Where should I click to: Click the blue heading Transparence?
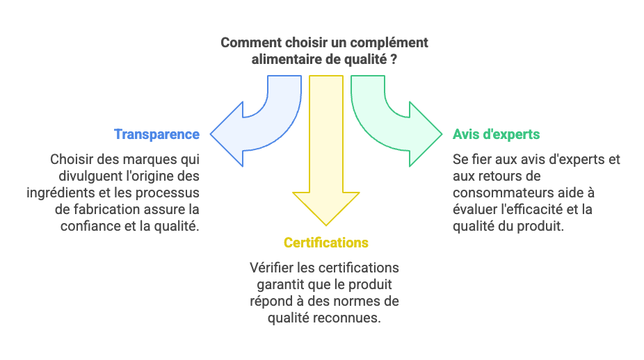[x=157, y=134]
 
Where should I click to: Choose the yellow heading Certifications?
[x=326, y=243]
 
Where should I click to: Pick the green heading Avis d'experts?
[x=496, y=134]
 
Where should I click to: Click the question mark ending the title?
[x=394, y=60]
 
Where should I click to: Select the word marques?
[x=150, y=159]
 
